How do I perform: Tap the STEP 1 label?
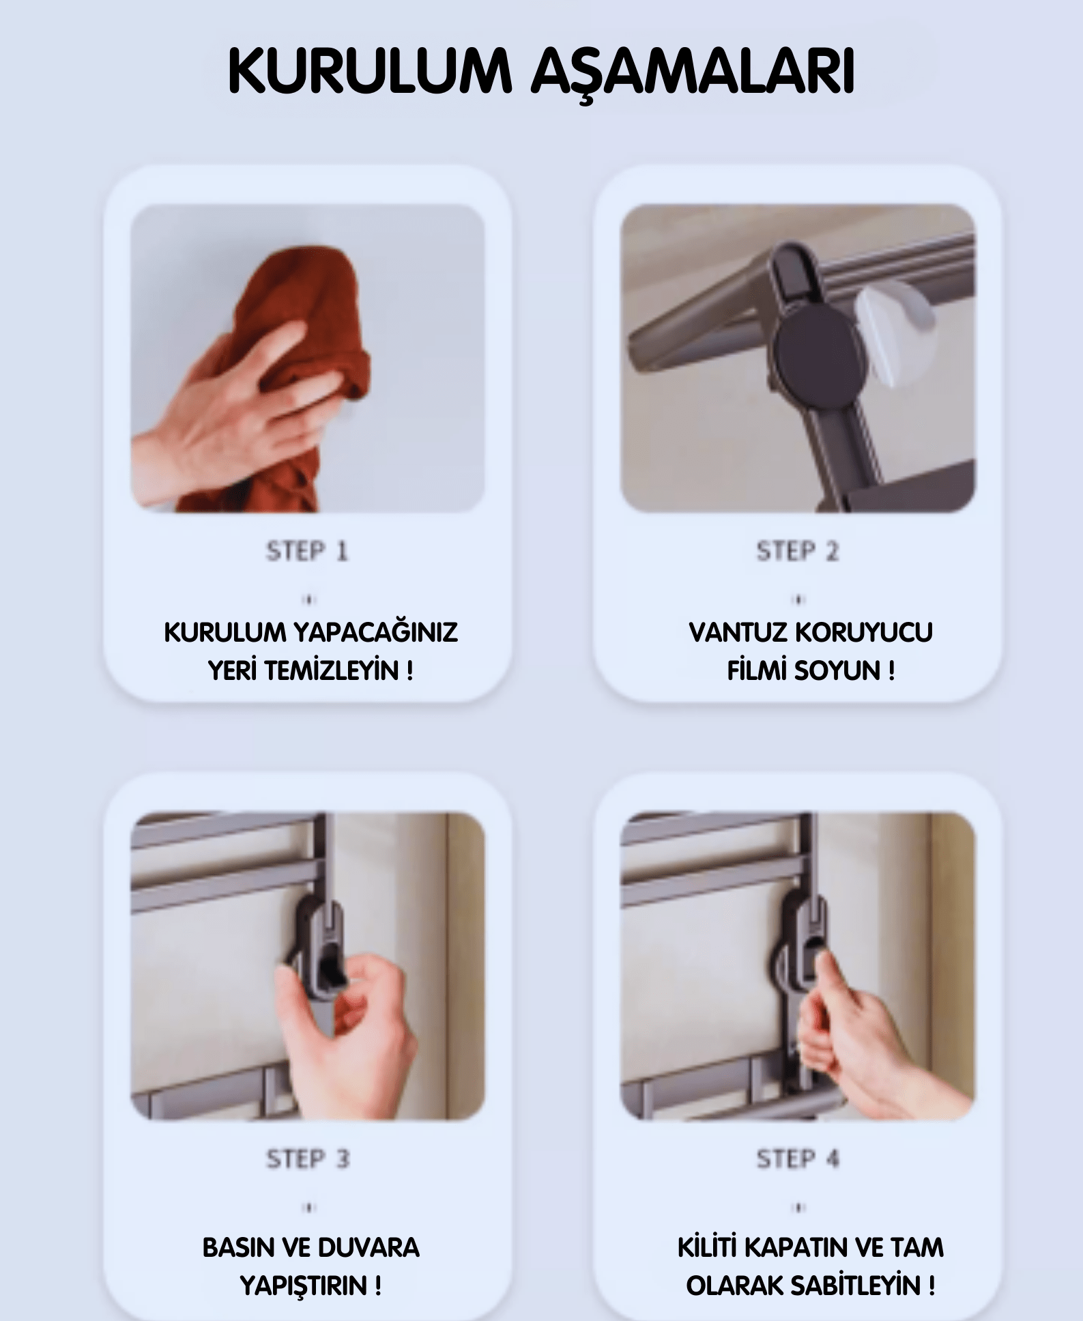[307, 551]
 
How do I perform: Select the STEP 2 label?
[797, 551]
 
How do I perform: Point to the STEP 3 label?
[307, 1159]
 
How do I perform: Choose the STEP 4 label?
[797, 1159]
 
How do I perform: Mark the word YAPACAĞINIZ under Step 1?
[375, 633]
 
